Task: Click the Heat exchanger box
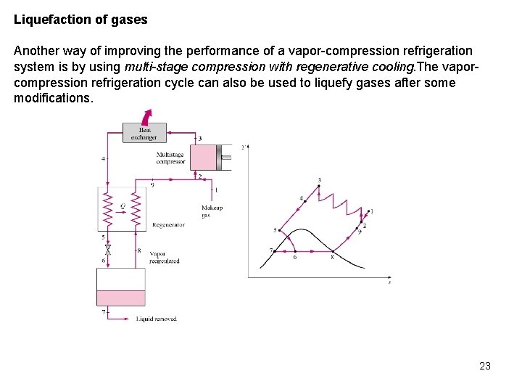point(144,134)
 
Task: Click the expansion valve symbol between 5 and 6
point(108,249)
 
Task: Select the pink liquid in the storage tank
point(121,298)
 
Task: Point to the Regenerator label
point(168,225)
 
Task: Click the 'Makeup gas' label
point(212,211)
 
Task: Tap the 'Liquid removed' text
point(156,319)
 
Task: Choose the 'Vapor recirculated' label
point(164,257)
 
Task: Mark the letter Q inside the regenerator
point(123,205)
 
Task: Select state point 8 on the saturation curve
point(332,251)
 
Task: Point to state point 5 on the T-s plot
point(280,231)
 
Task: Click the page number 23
point(485,366)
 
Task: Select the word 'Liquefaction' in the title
point(46,20)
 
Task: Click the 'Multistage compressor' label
point(170,158)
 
